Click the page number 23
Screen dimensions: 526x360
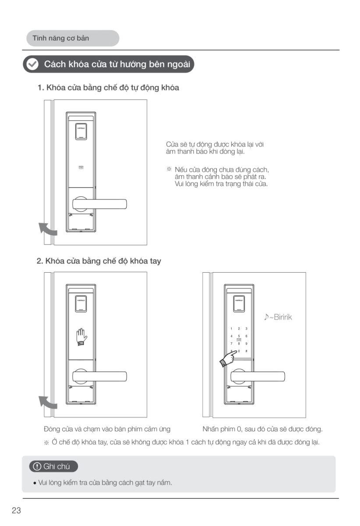point(16,510)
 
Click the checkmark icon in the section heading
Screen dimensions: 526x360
point(32,64)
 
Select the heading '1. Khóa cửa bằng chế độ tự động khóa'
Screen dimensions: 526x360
point(108,88)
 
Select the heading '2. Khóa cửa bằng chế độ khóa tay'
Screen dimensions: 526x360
point(99,261)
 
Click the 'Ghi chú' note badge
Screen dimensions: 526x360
point(53,466)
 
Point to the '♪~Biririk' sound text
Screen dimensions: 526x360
point(278,317)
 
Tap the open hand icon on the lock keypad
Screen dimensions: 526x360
point(81,337)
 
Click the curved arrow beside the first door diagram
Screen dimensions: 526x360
point(47,229)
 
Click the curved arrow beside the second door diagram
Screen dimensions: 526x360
point(47,402)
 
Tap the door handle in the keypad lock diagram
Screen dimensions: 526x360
point(258,376)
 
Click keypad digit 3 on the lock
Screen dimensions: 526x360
point(247,328)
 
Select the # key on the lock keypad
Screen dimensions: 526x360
point(247,351)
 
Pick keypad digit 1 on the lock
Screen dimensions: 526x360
point(231,328)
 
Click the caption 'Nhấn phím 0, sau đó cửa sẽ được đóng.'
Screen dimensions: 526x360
point(262,429)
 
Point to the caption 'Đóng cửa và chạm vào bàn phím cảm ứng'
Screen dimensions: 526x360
point(107,429)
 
